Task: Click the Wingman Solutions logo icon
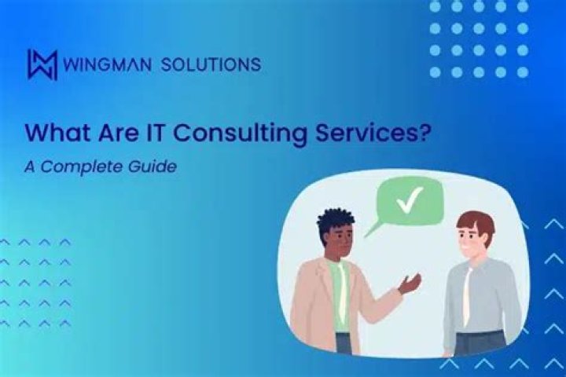pos(42,64)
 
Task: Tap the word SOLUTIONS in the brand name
pos(211,64)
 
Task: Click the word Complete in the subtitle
pos(90,167)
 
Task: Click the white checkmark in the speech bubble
pos(410,201)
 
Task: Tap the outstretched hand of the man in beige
pos(410,282)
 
